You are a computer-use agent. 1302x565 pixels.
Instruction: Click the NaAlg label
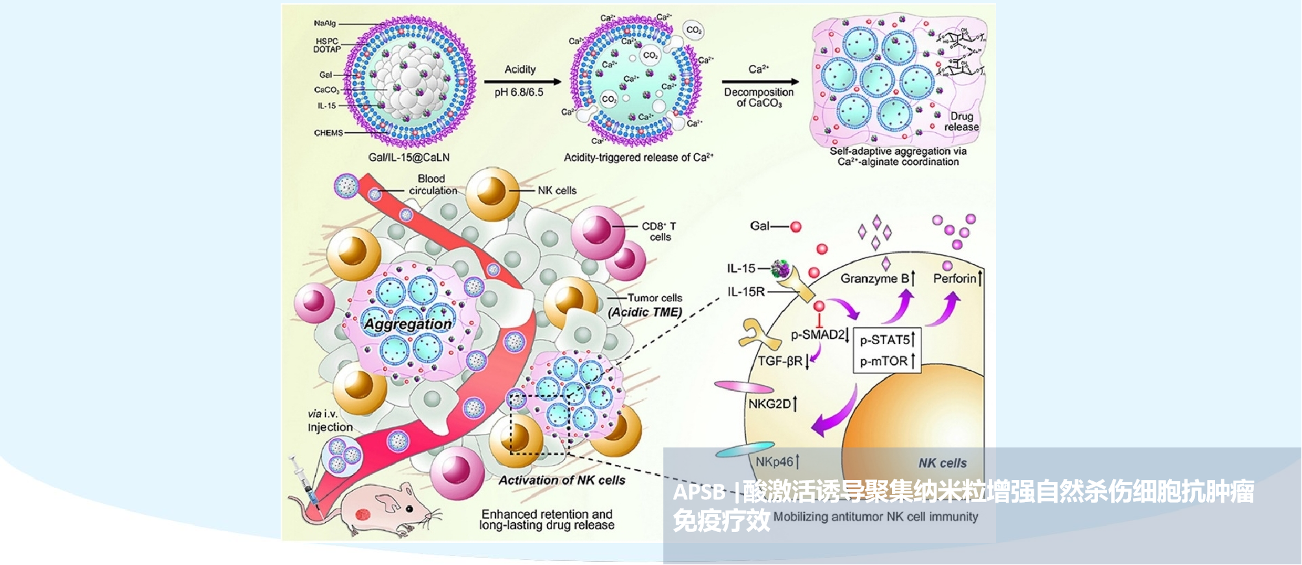pyautogui.click(x=325, y=23)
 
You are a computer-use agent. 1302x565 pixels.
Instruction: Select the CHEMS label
pyautogui.click(x=328, y=132)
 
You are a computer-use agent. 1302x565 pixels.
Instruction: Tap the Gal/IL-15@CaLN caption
pyautogui.click(x=409, y=157)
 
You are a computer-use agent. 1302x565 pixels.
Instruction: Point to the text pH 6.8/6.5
pyautogui.click(x=518, y=92)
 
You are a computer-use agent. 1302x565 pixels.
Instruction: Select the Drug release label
pyautogui.click(x=961, y=121)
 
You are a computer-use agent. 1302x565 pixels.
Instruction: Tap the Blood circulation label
pyautogui.click(x=432, y=184)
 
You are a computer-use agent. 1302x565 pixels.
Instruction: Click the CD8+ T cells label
pyautogui.click(x=659, y=231)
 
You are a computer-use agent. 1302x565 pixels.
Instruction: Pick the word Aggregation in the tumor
pyautogui.click(x=407, y=323)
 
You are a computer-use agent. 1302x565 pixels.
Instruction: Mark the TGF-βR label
pyautogui.click(x=782, y=361)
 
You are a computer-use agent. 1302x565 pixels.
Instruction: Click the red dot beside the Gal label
pyautogui.click(x=796, y=227)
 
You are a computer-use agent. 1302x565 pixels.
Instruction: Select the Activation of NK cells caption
pyautogui.click(x=562, y=481)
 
